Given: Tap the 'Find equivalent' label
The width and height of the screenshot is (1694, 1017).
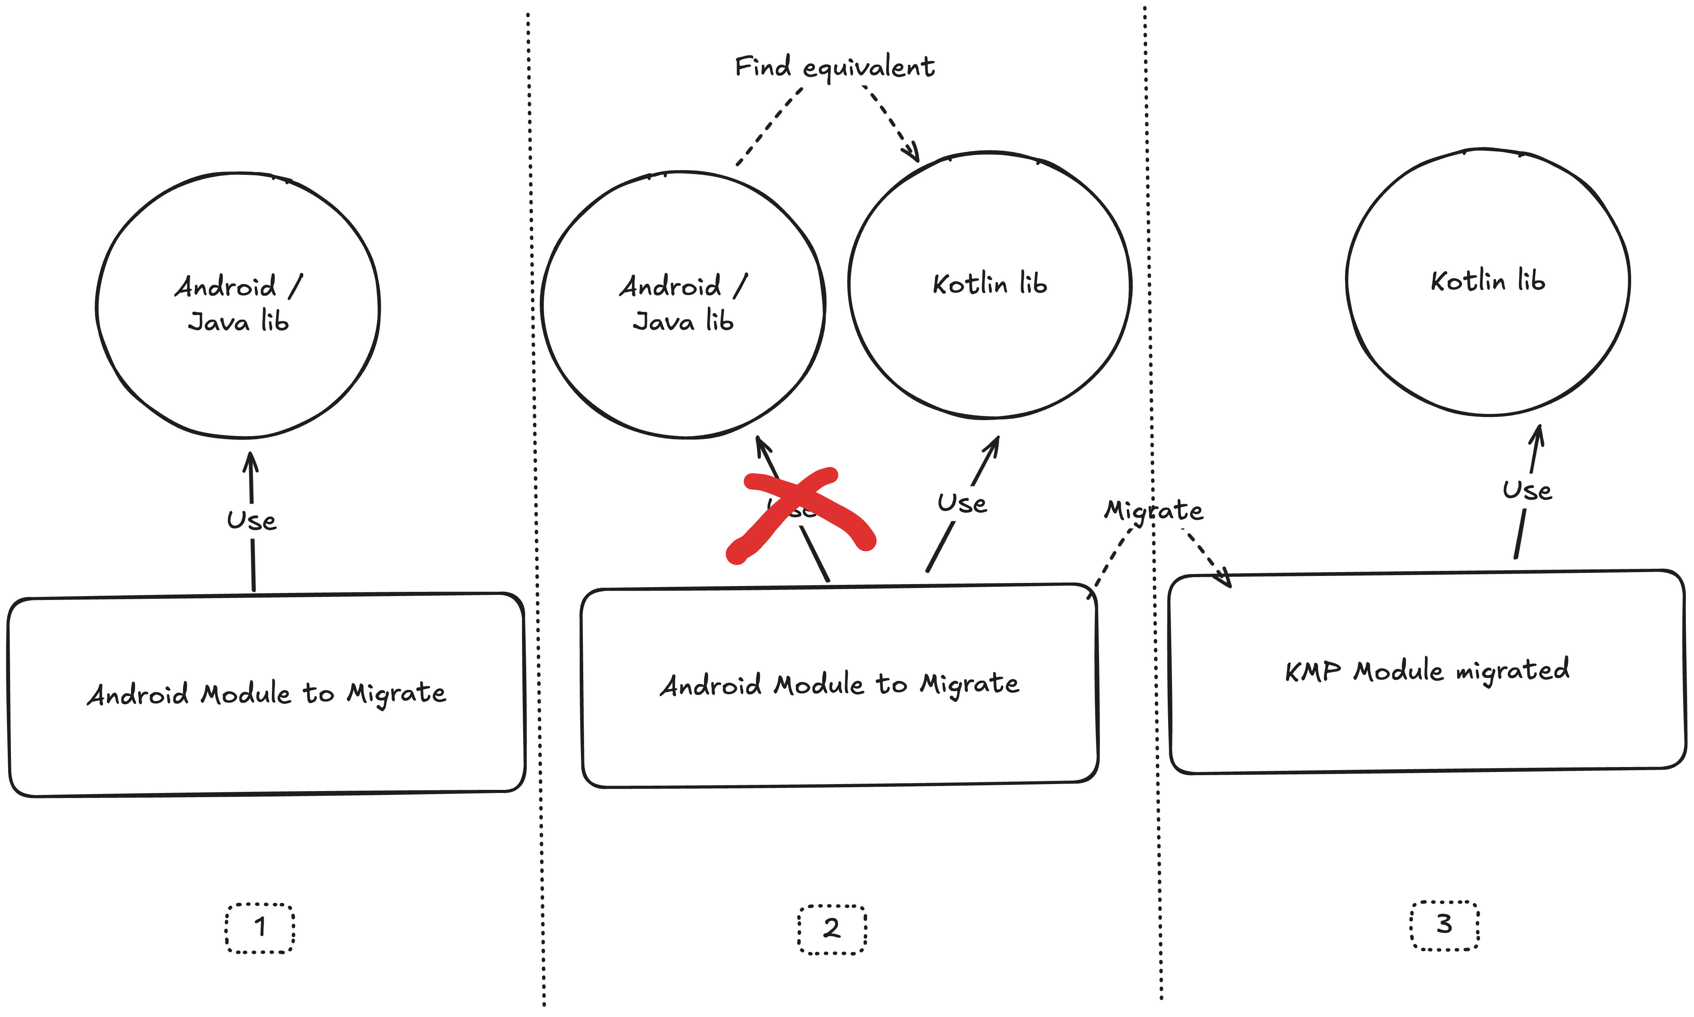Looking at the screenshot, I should point(834,67).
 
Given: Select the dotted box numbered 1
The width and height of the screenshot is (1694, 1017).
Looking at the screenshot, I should point(260,928).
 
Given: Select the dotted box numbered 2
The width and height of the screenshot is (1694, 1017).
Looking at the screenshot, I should point(831,929).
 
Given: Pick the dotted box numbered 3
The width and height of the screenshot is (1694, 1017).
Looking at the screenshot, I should point(1444,925).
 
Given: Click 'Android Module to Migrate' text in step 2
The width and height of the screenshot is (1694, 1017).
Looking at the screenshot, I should point(839,684).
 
